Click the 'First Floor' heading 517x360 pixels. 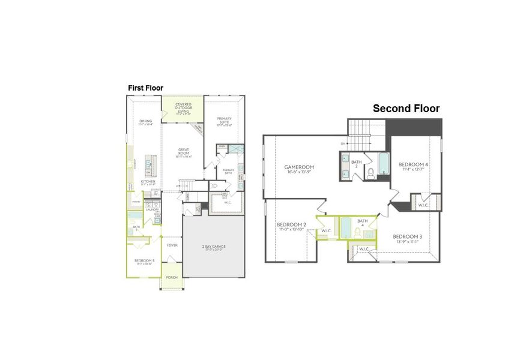coord(145,88)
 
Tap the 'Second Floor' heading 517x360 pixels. coord(406,109)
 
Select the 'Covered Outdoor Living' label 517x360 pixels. coord(183,106)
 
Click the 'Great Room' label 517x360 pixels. coord(184,151)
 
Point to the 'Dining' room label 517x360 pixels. coord(145,121)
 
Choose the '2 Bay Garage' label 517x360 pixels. coord(214,247)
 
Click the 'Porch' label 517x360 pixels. coord(172,277)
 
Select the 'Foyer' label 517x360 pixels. coord(172,244)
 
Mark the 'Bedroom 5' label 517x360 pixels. coord(145,260)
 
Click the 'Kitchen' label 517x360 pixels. coord(148,182)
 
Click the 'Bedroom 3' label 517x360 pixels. coord(407,236)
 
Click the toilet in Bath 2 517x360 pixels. coord(371,173)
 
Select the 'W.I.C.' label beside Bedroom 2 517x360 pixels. coord(327,231)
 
